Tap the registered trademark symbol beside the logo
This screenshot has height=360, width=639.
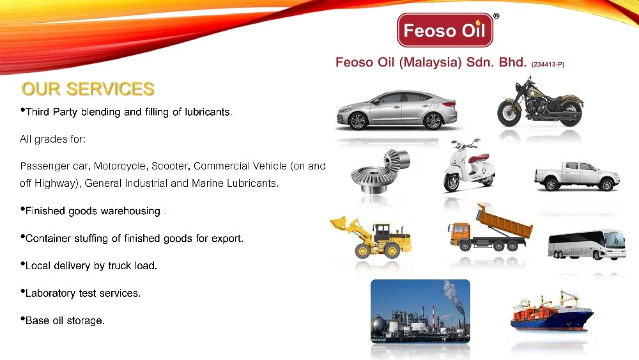tap(497, 15)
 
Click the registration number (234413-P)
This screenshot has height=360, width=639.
tap(548, 65)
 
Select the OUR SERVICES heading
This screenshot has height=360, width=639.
tap(88, 89)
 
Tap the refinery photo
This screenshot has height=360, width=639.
tap(420, 311)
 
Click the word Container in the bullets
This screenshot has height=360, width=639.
tap(47, 239)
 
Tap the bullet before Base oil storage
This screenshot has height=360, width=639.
tap(22, 318)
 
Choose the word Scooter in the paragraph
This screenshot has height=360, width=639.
tap(169, 166)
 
